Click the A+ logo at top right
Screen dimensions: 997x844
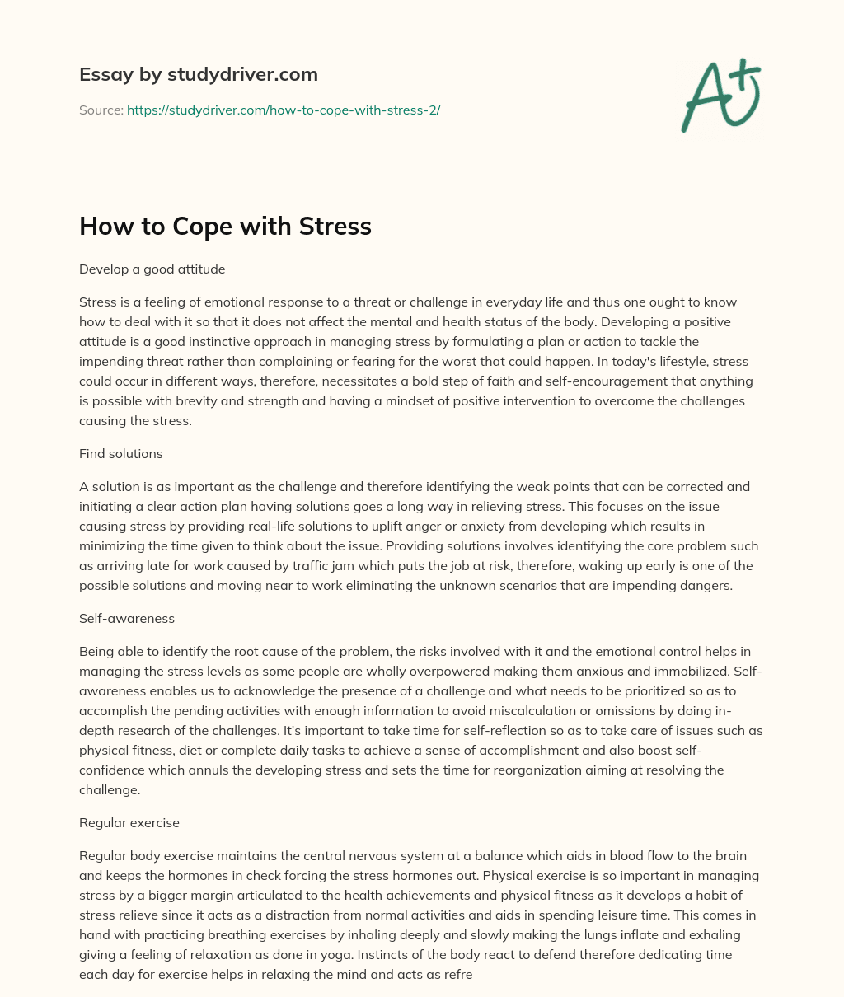coord(720,96)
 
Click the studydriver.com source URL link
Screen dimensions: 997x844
coord(284,110)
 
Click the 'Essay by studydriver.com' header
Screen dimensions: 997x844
coord(198,74)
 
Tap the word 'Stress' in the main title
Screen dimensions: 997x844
coord(335,227)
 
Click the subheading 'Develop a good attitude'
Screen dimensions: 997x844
coord(152,269)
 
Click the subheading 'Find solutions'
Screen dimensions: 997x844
coord(120,453)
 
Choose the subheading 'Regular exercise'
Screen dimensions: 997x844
coord(129,822)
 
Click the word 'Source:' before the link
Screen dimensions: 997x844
coord(101,110)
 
